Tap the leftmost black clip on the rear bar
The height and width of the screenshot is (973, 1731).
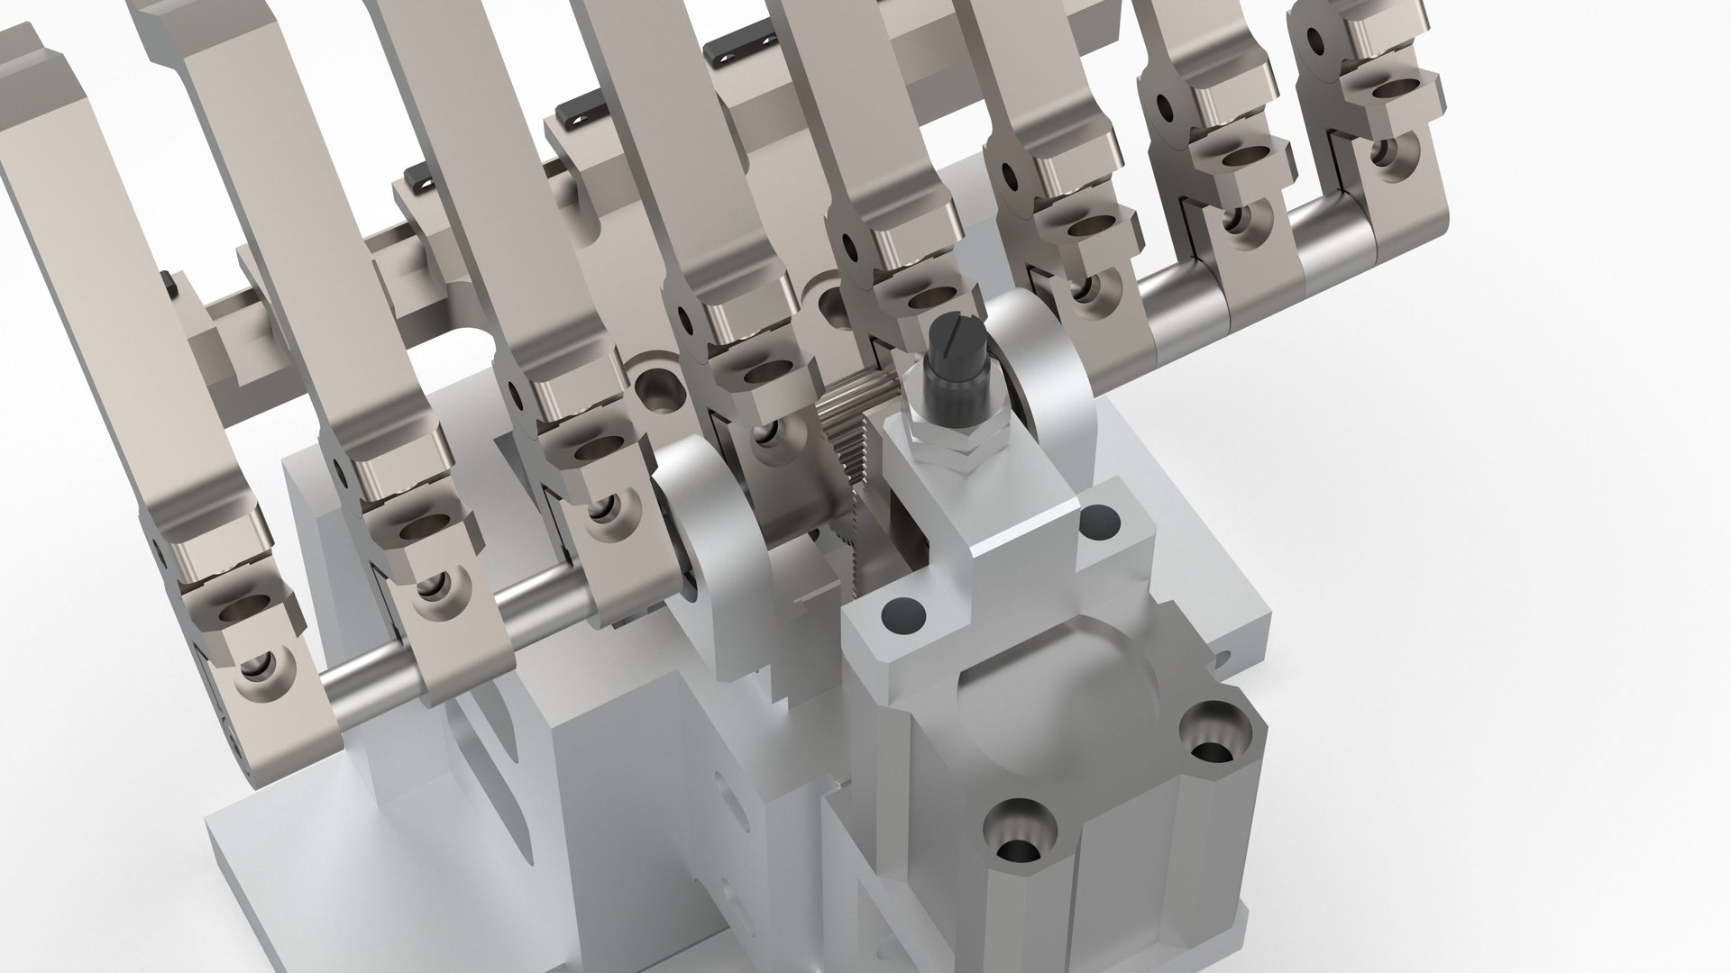(169, 282)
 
